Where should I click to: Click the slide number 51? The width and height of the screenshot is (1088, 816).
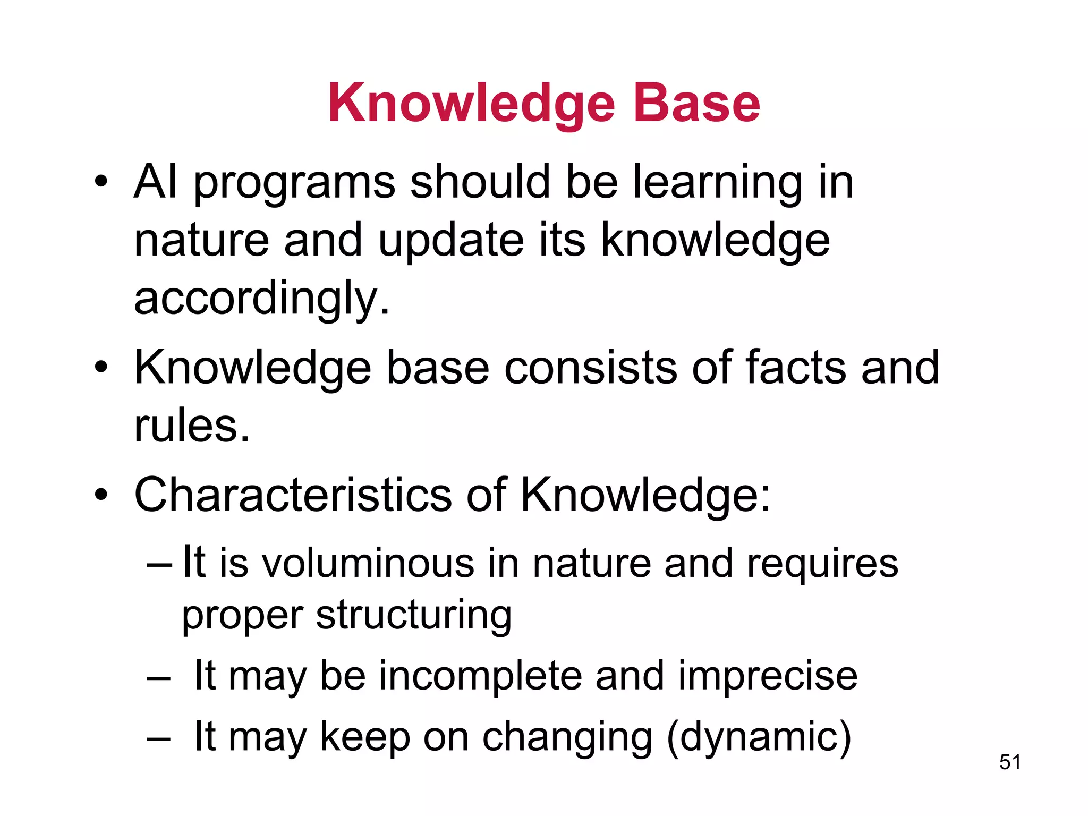1009,762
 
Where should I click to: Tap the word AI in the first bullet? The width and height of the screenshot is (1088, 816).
156,182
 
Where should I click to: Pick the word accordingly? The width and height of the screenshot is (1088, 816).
261,300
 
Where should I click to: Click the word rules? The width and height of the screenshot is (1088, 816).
191,426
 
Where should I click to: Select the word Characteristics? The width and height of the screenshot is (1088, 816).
293,495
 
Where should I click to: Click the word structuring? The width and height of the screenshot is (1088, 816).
414,616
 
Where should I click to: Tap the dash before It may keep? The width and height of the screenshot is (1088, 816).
159,739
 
